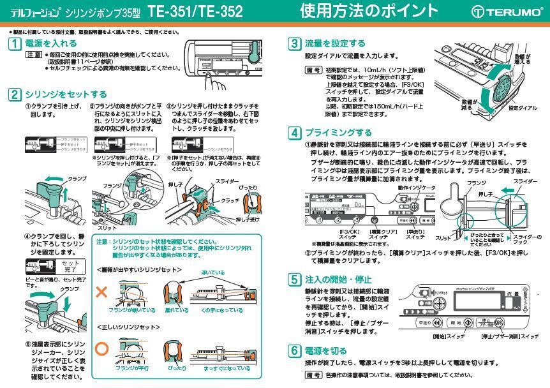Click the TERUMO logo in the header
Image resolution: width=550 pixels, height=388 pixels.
point(507,12)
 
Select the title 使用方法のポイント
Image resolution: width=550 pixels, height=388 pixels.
point(369,11)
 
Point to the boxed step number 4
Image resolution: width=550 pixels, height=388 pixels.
point(294,133)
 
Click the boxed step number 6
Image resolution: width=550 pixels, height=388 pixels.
point(294,350)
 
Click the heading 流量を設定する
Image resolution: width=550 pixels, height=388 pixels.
point(335,43)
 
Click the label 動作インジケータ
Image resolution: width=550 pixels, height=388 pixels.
point(417,188)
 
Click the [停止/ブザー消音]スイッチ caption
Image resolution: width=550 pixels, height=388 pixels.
point(509,336)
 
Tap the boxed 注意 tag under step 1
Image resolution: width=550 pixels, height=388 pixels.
point(34,55)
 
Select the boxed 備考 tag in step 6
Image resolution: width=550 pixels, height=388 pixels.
point(313,375)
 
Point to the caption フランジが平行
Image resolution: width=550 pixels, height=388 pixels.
point(131,368)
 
